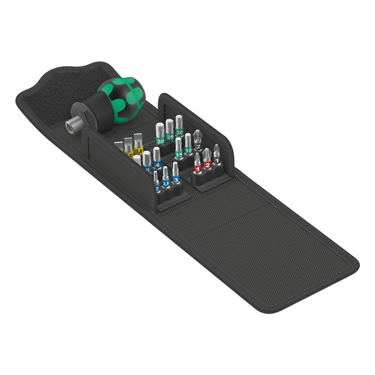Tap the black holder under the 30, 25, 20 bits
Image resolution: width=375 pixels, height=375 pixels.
[173, 144]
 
